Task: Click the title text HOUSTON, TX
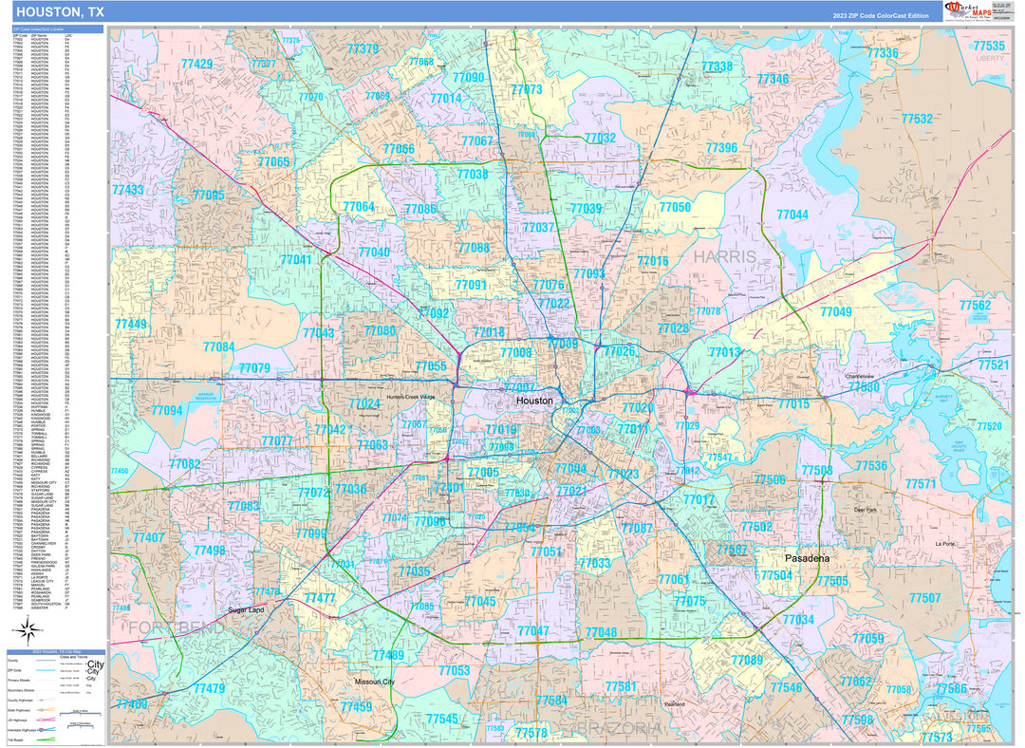[60, 12]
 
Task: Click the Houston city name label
[534, 402]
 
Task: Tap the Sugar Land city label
[246, 610]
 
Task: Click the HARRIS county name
[724, 257]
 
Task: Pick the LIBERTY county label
[989, 59]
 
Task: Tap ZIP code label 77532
[917, 119]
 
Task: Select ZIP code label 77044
[792, 215]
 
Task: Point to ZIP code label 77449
[130, 325]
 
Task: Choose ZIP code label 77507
[924, 598]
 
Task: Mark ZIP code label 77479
[209, 688]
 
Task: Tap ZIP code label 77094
[166, 411]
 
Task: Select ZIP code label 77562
[975, 306]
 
